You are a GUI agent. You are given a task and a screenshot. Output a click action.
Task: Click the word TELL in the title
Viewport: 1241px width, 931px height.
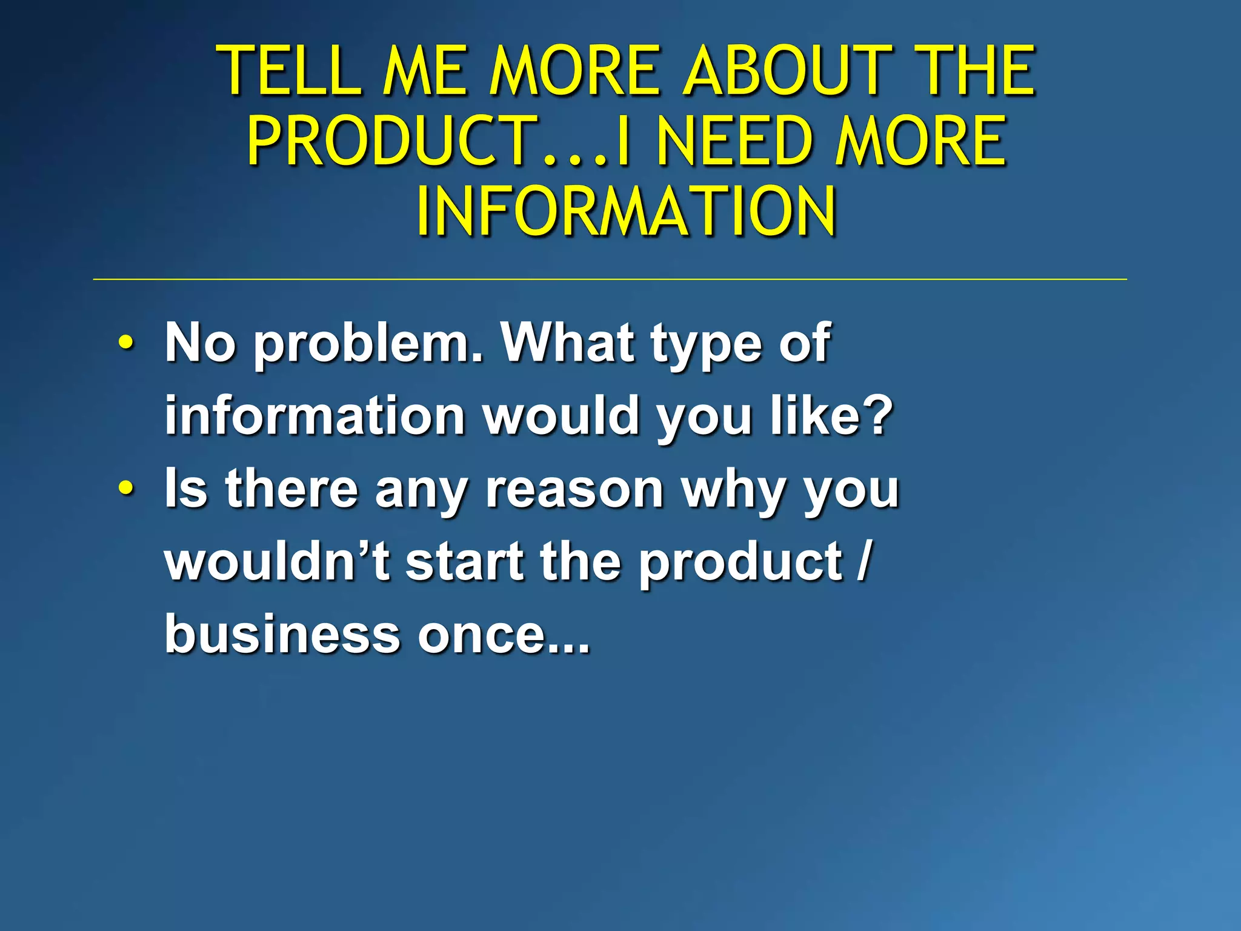(290, 71)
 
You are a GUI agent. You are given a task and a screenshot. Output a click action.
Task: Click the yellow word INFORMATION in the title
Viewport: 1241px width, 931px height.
(627, 211)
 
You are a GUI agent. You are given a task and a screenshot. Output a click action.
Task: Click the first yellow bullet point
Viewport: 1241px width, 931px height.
(125, 344)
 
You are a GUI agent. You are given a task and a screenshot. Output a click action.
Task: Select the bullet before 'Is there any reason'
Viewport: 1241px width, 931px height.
(125, 489)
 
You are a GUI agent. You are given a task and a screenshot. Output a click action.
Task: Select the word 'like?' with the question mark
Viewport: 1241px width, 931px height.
(831, 416)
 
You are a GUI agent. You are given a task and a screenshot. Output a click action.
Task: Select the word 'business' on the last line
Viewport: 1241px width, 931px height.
(282, 634)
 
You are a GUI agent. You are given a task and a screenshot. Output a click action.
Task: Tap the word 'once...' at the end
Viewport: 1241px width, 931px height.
(503, 635)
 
